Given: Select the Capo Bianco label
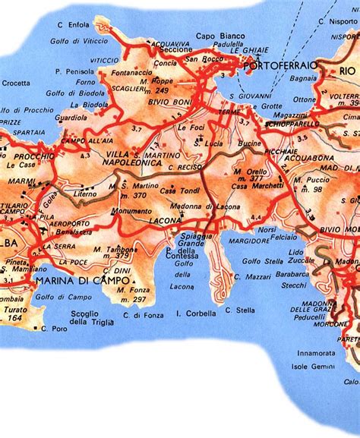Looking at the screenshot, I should [216, 35].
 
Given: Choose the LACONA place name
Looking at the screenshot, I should [166, 219].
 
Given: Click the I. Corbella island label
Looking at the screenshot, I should [197, 311].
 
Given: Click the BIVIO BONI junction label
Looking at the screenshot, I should [166, 102].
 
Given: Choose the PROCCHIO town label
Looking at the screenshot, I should [29, 156].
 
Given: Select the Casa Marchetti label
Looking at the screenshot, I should [251, 187].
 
